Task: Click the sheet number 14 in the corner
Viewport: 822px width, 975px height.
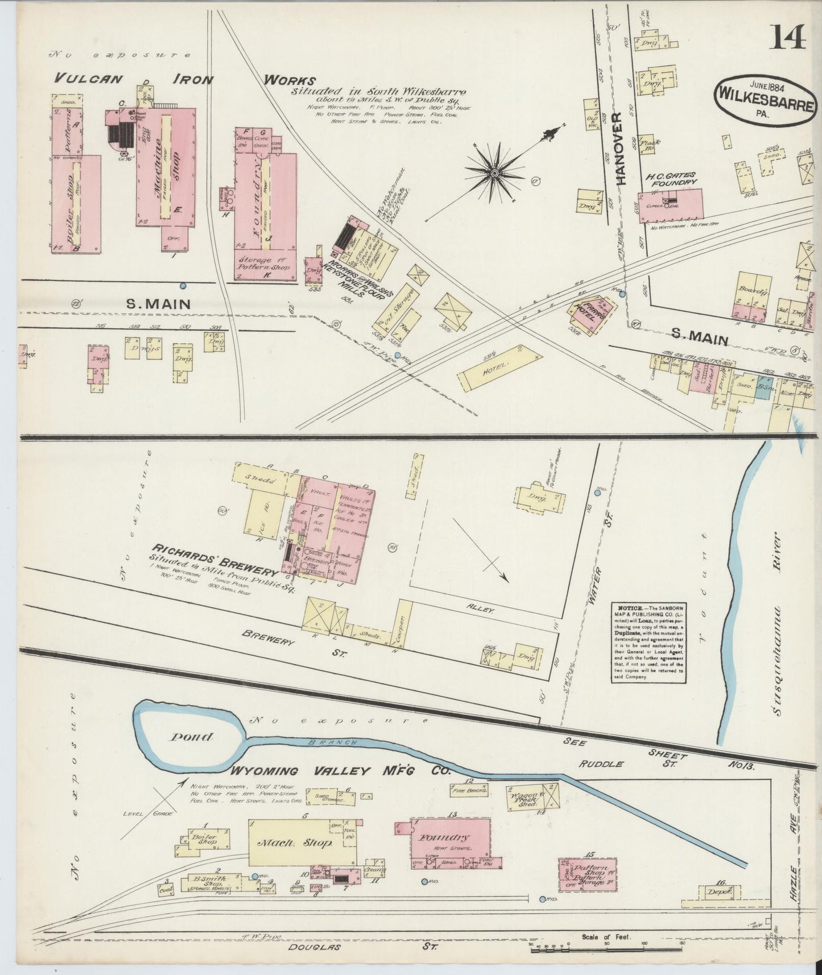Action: (x=789, y=39)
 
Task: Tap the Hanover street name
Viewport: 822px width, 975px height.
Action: (x=619, y=148)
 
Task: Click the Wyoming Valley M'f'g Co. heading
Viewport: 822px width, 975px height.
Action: (x=340, y=771)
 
